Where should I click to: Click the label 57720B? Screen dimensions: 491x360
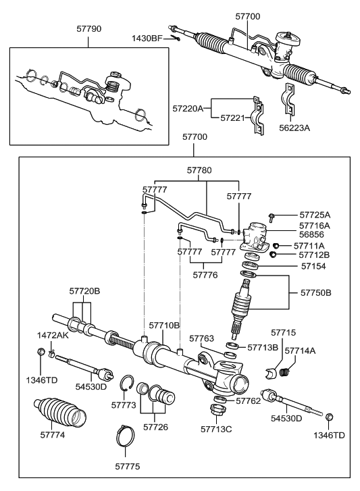pyautogui.click(x=84, y=290)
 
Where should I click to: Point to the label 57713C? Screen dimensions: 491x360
pyautogui.click(x=217, y=428)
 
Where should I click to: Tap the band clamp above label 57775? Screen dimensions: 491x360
pyautogui.click(x=129, y=434)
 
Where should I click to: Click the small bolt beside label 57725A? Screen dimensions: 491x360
pyautogui.click(x=271, y=216)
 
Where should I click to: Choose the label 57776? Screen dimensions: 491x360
pyautogui.click(x=205, y=275)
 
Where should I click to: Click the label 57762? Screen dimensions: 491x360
pyautogui.click(x=248, y=400)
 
